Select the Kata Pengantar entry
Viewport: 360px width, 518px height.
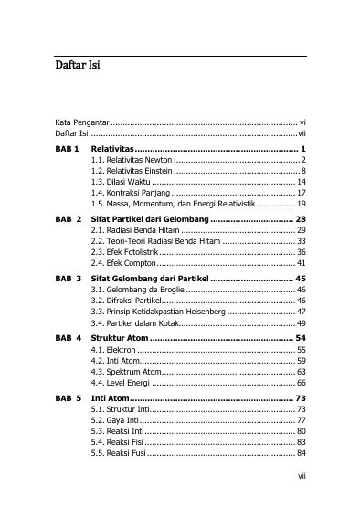(x=81, y=121)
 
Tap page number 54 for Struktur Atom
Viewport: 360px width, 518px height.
(x=301, y=338)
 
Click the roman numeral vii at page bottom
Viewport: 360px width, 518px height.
(x=301, y=500)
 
